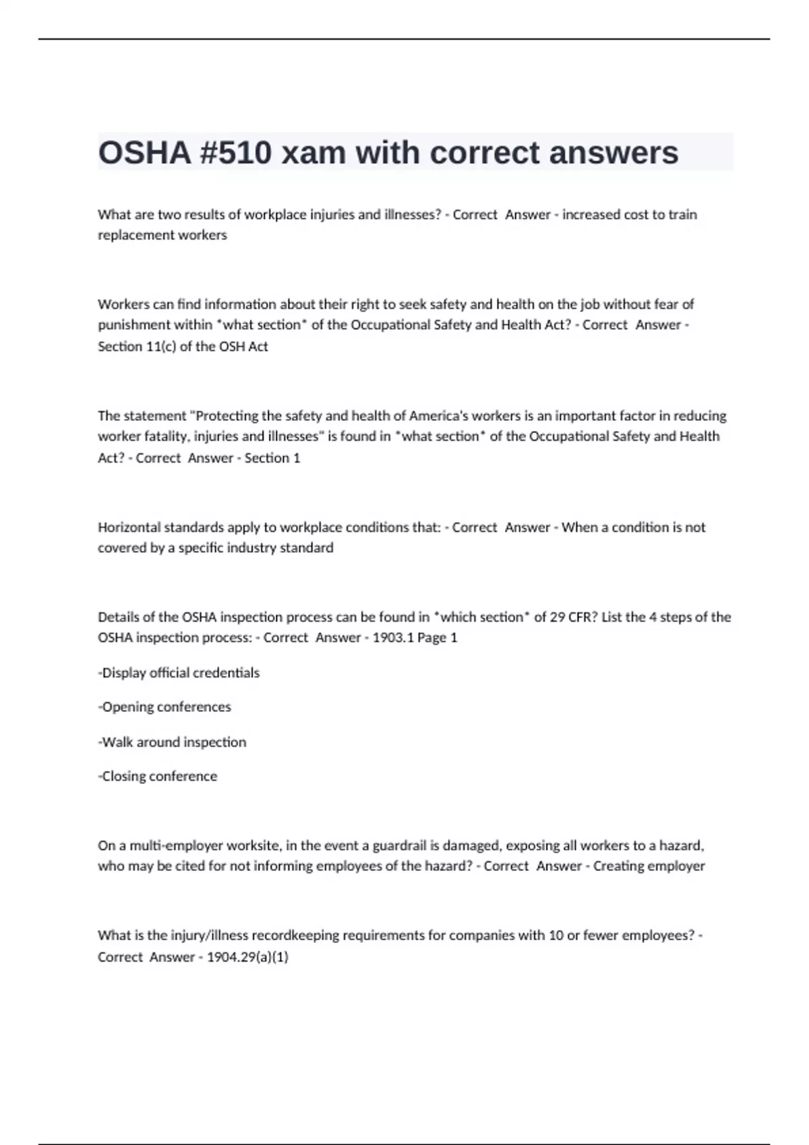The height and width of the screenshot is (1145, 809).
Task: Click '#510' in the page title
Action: [236, 153]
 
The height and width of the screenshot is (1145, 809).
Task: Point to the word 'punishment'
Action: [134, 325]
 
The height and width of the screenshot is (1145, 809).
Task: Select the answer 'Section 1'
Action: [272, 458]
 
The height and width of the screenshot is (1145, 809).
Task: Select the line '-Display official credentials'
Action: [179, 673]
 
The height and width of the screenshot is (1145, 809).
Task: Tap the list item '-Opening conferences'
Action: [164, 707]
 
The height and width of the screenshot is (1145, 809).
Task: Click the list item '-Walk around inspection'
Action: [172, 742]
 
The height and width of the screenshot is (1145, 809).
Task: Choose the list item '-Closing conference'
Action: [158, 777]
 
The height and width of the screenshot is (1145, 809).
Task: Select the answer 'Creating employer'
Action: [649, 866]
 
